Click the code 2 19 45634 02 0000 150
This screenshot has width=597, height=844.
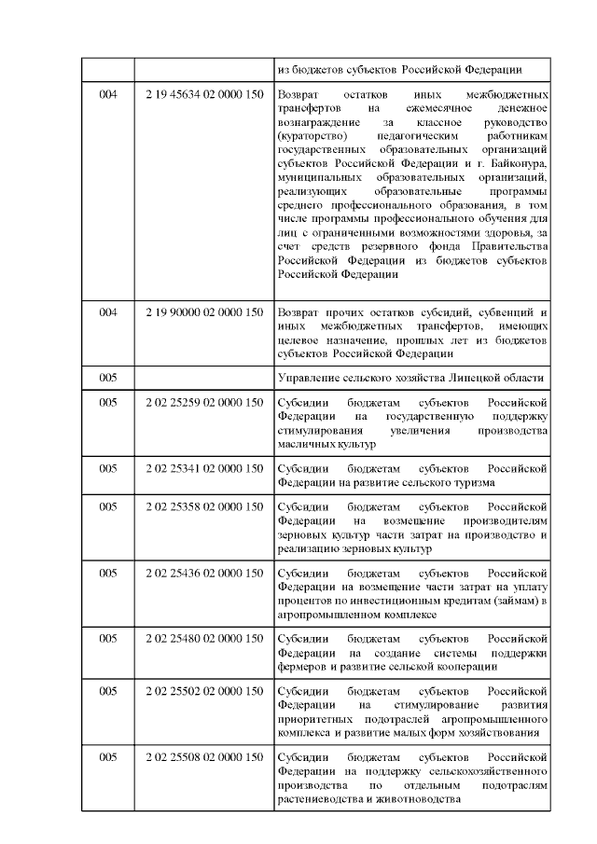coord(204,96)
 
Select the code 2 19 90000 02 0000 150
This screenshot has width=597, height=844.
coord(204,311)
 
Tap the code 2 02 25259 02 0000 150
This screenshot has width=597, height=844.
coord(204,403)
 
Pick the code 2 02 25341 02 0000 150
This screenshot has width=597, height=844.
coord(204,469)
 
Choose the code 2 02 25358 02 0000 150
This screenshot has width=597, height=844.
coord(204,507)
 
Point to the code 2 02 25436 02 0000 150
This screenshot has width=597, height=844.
coord(204,574)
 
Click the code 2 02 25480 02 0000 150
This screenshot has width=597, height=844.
coord(204,639)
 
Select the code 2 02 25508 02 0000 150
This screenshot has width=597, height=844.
coord(204,757)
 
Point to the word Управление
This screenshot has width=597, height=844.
coord(311,377)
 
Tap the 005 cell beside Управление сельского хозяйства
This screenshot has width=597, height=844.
coord(108,377)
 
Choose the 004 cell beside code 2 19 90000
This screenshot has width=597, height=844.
coord(108,311)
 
